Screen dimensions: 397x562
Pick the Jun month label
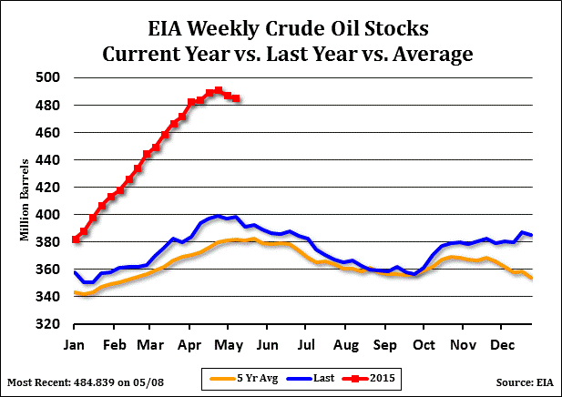click(x=266, y=346)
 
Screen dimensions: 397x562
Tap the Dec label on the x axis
click(x=502, y=346)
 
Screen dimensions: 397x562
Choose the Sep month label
click(x=385, y=346)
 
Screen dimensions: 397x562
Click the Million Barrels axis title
click(x=25, y=201)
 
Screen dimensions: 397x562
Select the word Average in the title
click(x=429, y=54)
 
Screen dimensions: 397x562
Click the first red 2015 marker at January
click(x=75, y=239)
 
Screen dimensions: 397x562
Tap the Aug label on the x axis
click(x=345, y=346)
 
